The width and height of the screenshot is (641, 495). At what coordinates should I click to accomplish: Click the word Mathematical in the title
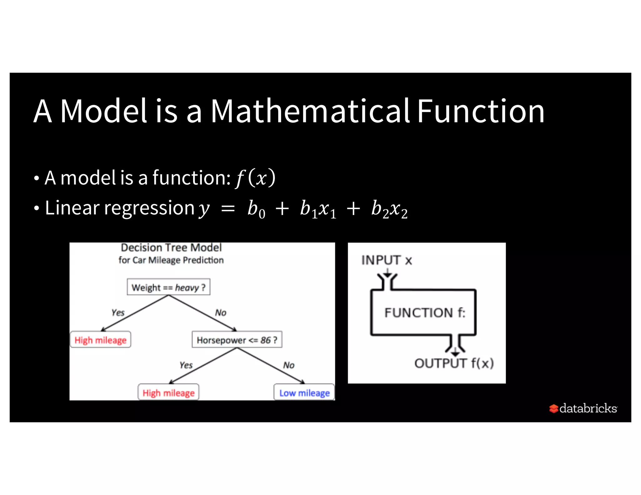pos(310,111)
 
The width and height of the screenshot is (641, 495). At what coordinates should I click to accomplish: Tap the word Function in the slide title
pos(481,111)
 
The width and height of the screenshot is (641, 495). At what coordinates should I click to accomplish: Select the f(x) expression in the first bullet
pos(255,178)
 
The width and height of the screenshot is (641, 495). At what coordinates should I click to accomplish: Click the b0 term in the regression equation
pos(256,209)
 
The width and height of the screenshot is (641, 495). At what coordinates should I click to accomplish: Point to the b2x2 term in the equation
pos(389,209)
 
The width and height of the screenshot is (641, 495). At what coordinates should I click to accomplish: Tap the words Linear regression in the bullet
pos(120,208)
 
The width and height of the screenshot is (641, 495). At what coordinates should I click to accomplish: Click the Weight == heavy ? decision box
pos(168,287)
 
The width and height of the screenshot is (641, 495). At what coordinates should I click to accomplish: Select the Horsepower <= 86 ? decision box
pos(237,340)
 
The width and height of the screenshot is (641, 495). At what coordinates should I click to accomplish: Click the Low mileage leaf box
pos(304,392)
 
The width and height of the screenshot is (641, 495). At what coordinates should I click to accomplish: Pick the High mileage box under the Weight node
pos(100,340)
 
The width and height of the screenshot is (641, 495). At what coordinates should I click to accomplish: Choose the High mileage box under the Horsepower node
pos(168,392)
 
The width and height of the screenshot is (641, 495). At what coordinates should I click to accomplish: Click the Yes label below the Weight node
pos(118,312)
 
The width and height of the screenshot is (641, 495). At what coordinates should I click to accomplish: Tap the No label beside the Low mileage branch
pos(289,365)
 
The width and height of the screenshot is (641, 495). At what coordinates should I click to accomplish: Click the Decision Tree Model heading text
pos(171,248)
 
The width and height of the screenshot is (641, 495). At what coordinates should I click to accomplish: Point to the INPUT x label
pos(387,260)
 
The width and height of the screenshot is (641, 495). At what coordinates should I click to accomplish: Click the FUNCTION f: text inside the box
pos(425,313)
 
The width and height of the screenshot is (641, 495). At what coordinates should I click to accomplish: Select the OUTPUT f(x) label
pos(454,363)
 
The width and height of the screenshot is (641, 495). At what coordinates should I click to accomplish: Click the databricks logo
pos(583,408)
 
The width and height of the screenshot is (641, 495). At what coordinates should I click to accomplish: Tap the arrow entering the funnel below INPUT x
pos(387,274)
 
